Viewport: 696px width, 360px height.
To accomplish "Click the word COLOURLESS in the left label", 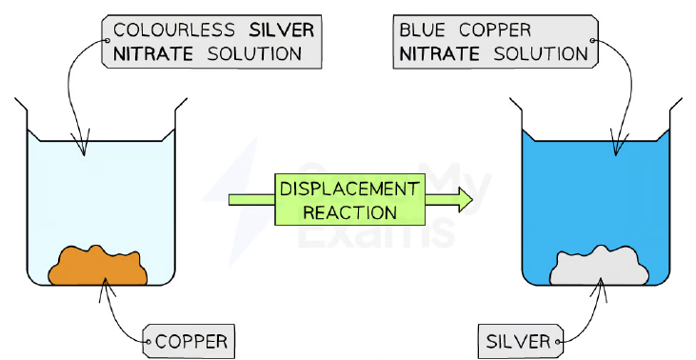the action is coord(173,30).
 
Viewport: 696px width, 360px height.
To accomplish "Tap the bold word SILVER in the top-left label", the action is coord(282,30).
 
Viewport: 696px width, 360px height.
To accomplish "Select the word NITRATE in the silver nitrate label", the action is coord(153,54).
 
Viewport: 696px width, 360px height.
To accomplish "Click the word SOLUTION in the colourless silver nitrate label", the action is coord(255,54).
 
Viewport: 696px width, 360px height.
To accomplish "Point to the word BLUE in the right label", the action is coord(422,30).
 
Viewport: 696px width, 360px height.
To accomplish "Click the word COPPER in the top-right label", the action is coord(495,30).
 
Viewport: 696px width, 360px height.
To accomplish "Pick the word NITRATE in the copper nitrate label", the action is coord(440,54).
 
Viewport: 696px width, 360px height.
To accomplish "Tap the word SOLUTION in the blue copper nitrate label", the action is coord(541,54).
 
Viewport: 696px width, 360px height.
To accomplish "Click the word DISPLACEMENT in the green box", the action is coord(349,190).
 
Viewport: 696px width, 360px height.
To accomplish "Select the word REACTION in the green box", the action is coord(349,212).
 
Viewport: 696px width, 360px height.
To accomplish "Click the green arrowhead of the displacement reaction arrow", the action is coord(465,200).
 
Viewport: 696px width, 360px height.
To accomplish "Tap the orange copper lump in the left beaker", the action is coord(98,266).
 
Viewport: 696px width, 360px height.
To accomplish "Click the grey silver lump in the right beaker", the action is coord(599,266).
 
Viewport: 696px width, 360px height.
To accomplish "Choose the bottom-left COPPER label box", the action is coord(189,341).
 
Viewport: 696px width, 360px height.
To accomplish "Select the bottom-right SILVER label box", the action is coord(521,341).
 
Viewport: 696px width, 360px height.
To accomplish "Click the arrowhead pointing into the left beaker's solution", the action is coord(84,144).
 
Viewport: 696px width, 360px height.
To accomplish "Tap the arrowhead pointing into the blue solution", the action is coord(616,144).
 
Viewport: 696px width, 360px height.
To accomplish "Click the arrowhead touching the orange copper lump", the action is coord(106,289).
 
